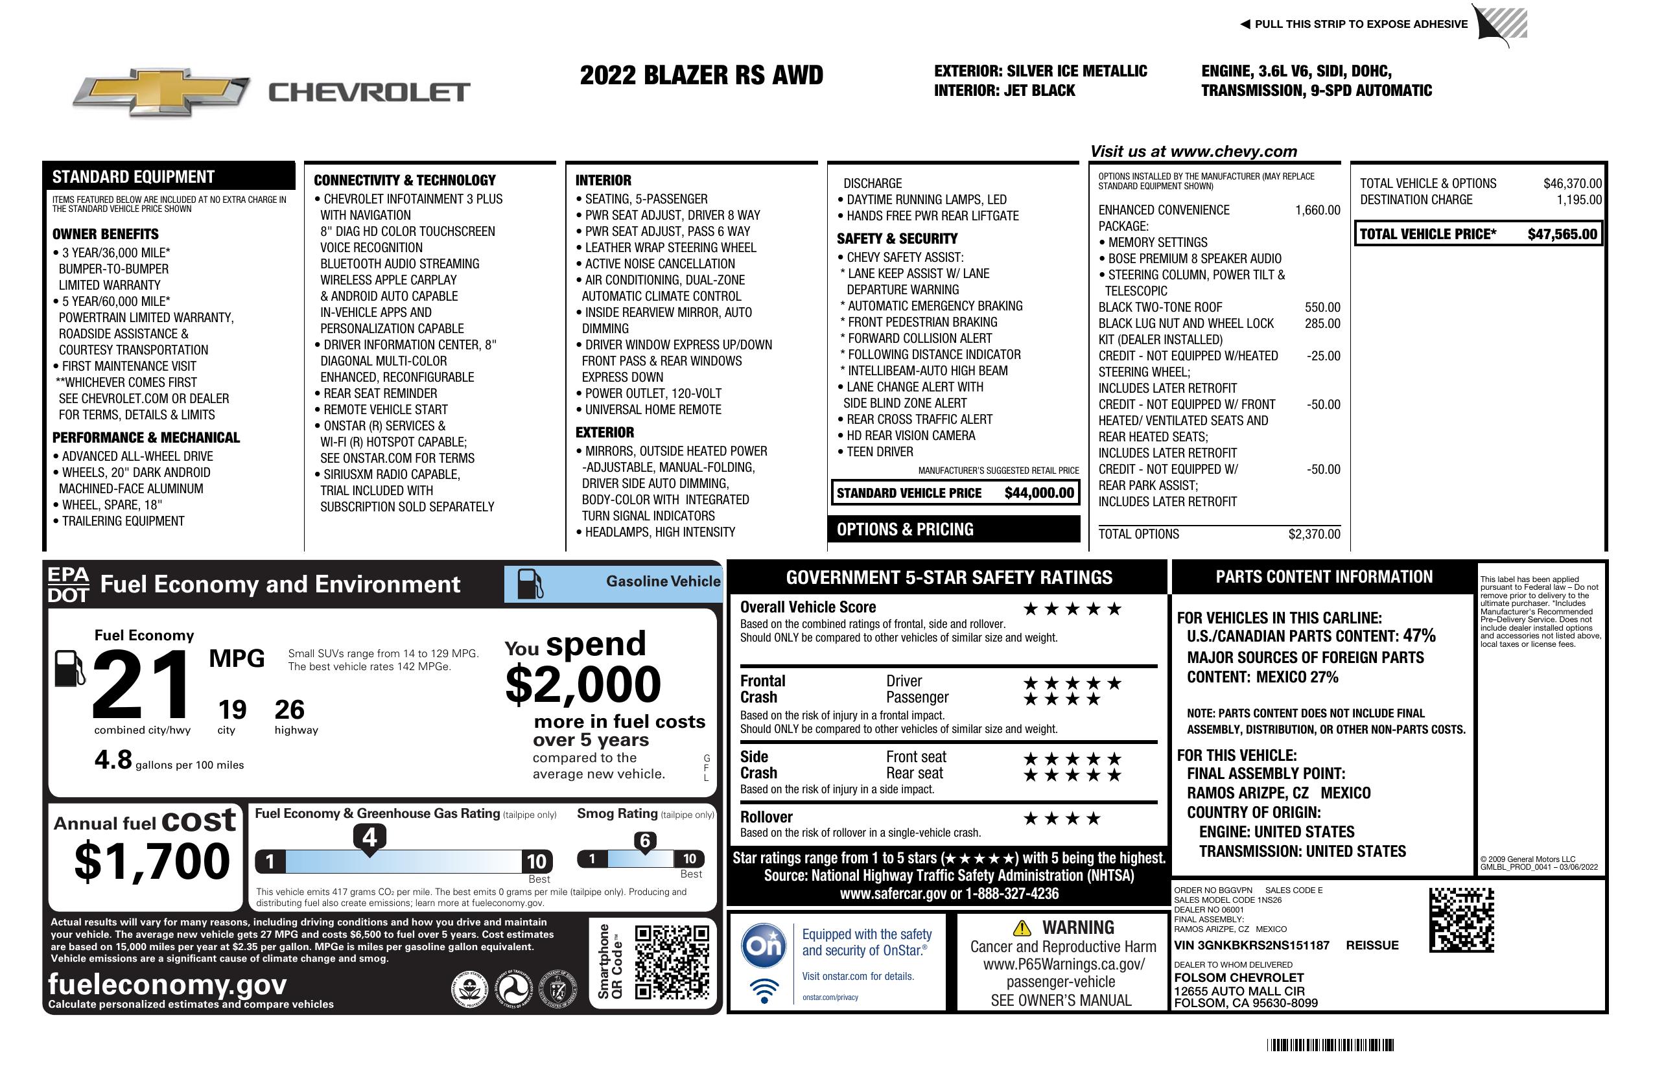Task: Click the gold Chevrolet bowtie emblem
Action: [161, 91]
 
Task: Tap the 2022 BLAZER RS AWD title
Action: [701, 75]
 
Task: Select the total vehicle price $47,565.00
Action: [1562, 234]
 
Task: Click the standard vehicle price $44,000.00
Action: [1039, 493]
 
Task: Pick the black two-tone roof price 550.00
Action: [1322, 307]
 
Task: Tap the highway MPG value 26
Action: [289, 710]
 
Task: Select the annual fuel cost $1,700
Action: [152, 861]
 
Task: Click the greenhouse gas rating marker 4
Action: [369, 837]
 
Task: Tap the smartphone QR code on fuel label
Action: [672, 961]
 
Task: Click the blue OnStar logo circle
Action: [764, 945]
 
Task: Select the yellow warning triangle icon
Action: [1022, 928]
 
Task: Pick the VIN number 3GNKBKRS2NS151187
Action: [1252, 946]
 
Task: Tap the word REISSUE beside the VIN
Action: [1372, 946]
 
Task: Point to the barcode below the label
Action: [1330, 1045]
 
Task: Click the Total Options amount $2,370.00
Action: [1314, 534]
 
